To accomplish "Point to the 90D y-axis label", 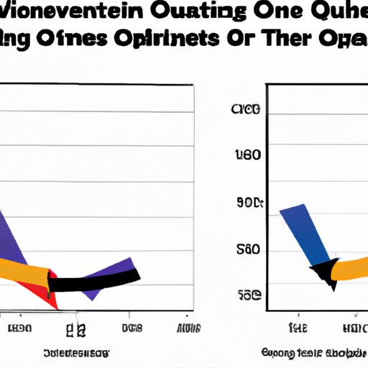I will (247, 203).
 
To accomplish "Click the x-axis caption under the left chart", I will (75, 354).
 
